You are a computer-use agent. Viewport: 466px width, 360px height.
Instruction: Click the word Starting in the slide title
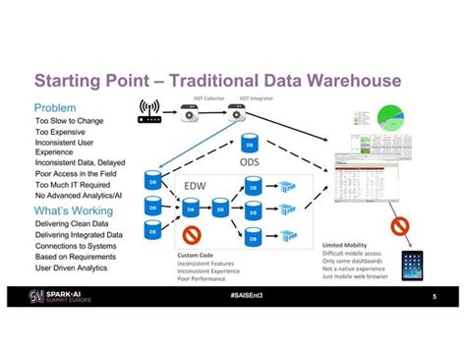[78, 79]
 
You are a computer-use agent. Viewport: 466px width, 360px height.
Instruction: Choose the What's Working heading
[73, 211]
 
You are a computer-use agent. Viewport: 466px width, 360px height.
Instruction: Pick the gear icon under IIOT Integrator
[238, 116]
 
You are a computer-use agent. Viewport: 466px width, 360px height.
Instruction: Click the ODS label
[250, 162]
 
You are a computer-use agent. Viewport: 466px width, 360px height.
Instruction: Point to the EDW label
[196, 185]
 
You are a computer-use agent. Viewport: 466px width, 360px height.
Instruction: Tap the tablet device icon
[414, 265]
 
